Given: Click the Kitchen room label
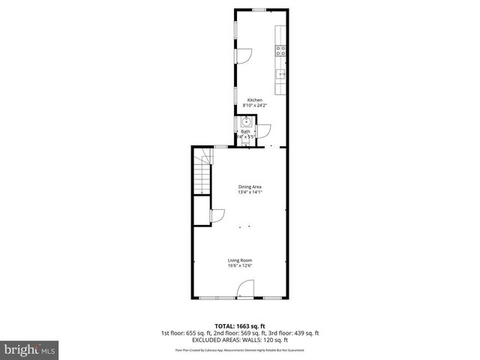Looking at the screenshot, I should coord(255,100).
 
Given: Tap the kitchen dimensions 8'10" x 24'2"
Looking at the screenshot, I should coord(255,106).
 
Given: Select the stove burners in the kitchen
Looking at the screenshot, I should coord(280,52).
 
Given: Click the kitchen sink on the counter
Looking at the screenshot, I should coord(281,74).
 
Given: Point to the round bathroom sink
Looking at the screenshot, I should coord(245,122).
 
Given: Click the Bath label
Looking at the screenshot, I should coord(245,132).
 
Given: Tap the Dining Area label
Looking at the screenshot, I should coord(250,187).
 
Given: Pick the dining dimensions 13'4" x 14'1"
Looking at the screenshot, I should coord(250,193).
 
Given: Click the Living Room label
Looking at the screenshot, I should coord(240,260).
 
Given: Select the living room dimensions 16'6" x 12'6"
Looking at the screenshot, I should coord(240,266).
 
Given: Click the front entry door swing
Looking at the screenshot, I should coord(245,289).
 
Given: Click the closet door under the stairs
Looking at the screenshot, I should coord(217,216).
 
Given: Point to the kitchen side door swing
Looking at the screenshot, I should coord(244,55).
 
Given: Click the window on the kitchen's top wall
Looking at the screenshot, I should coord(259,10).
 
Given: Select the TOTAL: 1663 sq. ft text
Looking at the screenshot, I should coord(240,326).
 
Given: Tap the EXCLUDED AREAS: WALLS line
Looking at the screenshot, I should coord(240,340).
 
